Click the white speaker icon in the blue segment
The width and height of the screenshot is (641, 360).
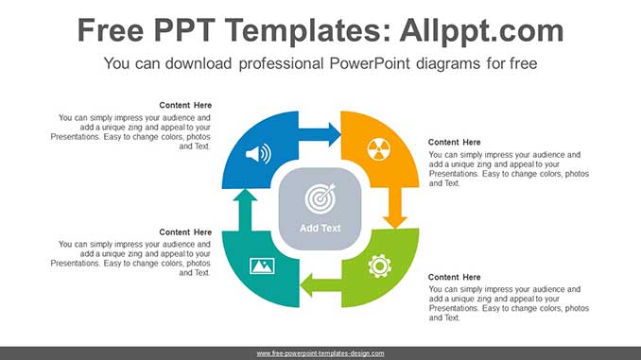tap(257, 153)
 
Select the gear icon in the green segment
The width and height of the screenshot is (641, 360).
tap(379, 266)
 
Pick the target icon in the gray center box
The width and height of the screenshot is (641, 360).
tap(320, 198)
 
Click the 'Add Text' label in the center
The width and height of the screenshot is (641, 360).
tap(320, 228)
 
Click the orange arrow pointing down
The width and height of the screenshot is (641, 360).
tap(396, 207)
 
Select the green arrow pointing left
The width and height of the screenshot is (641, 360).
tap(320, 283)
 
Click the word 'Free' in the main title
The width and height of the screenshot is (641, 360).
tap(112, 31)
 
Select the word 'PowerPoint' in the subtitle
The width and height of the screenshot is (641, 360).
tap(369, 64)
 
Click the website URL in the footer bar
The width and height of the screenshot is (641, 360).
tap(320, 352)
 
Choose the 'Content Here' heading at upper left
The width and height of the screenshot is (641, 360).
tap(185, 105)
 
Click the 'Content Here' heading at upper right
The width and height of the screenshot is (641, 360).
tap(455, 142)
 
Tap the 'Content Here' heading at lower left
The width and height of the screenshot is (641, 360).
tap(185, 231)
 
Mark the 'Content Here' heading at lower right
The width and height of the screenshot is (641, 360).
tap(455, 277)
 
